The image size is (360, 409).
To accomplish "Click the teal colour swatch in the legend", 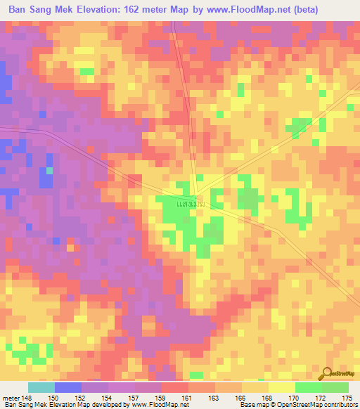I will pyautogui.click(x=41, y=387).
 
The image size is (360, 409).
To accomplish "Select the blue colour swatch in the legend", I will pyautogui.click(x=68, y=387).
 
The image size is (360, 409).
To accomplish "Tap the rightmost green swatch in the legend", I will pyautogui.click(x=335, y=387).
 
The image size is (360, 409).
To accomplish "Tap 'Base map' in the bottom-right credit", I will pyautogui.click(x=252, y=405).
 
